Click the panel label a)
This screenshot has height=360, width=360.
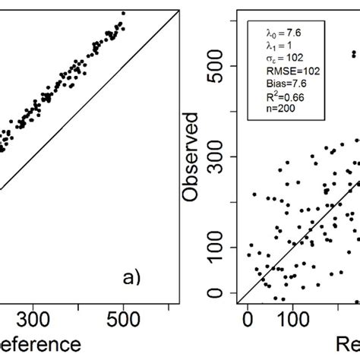134,277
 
